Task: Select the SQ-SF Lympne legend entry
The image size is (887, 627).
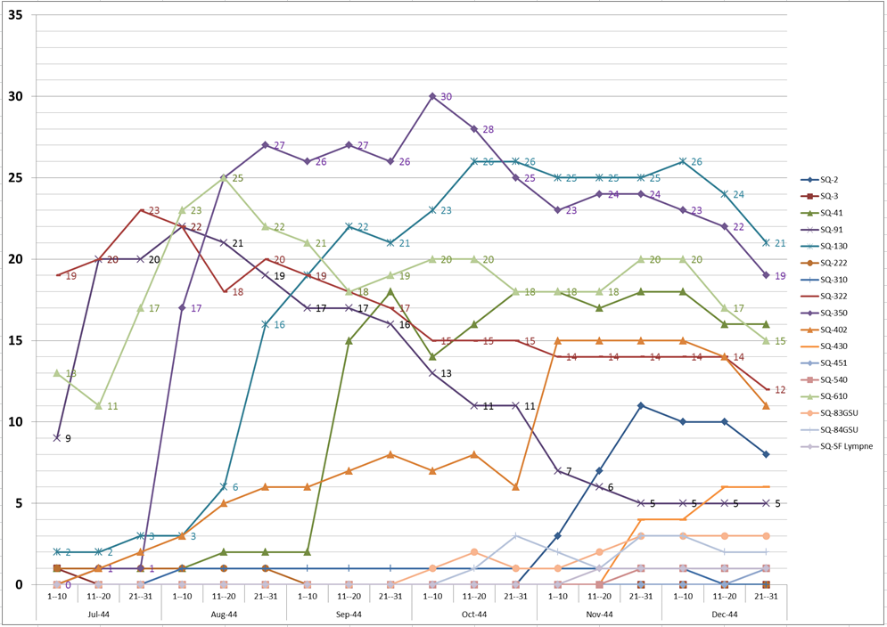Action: click(848, 445)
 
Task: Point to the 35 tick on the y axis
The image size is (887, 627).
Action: click(15, 15)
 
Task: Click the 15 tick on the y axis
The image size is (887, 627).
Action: click(15, 340)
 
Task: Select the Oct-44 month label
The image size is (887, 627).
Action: click(474, 615)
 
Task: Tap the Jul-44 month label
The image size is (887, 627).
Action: click(99, 615)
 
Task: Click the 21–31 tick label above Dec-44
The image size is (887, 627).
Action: click(767, 598)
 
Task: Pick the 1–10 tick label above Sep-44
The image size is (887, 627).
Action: click(308, 598)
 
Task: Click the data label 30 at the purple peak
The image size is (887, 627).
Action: click(447, 96)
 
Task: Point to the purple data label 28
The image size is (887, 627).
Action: click(488, 129)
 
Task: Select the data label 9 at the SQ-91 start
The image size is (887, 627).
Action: click(68, 438)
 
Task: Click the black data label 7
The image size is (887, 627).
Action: click(569, 471)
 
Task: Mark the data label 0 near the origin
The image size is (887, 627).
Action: click(68, 585)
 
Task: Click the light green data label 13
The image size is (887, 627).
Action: click(71, 374)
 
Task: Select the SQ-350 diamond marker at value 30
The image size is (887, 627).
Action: click(432, 96)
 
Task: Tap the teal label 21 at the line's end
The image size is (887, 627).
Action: click(780, 243)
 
